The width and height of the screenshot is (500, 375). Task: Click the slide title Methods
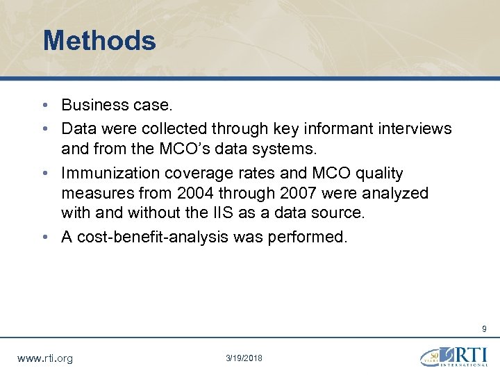(99, 40)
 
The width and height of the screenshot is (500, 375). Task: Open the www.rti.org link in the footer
(44, 358)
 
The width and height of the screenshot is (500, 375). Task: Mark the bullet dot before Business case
(44, 106)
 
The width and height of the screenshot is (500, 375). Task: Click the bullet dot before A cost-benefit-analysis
(44, 237)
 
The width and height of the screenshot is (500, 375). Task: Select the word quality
(377, 173)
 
